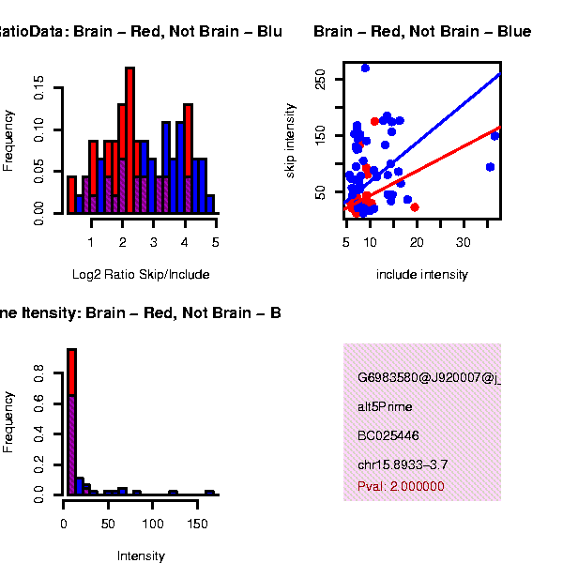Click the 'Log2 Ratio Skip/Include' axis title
tap(141, 275)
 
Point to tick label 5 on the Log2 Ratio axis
tap(216, 242)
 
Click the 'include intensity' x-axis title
tap(421, 275)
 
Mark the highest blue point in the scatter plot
tap(365, 68)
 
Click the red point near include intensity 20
tap(415, 206)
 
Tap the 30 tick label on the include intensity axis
tap(464, 242)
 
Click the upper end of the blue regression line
tap(498, 74)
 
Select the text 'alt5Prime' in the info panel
tap(385, 407)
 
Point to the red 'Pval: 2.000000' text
tap(401, 486)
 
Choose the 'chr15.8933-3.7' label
tap(403, 464)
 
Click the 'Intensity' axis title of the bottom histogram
tap(141, 556)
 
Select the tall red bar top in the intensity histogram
tap(71, 351)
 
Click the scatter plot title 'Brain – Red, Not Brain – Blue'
tap(421, 32)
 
